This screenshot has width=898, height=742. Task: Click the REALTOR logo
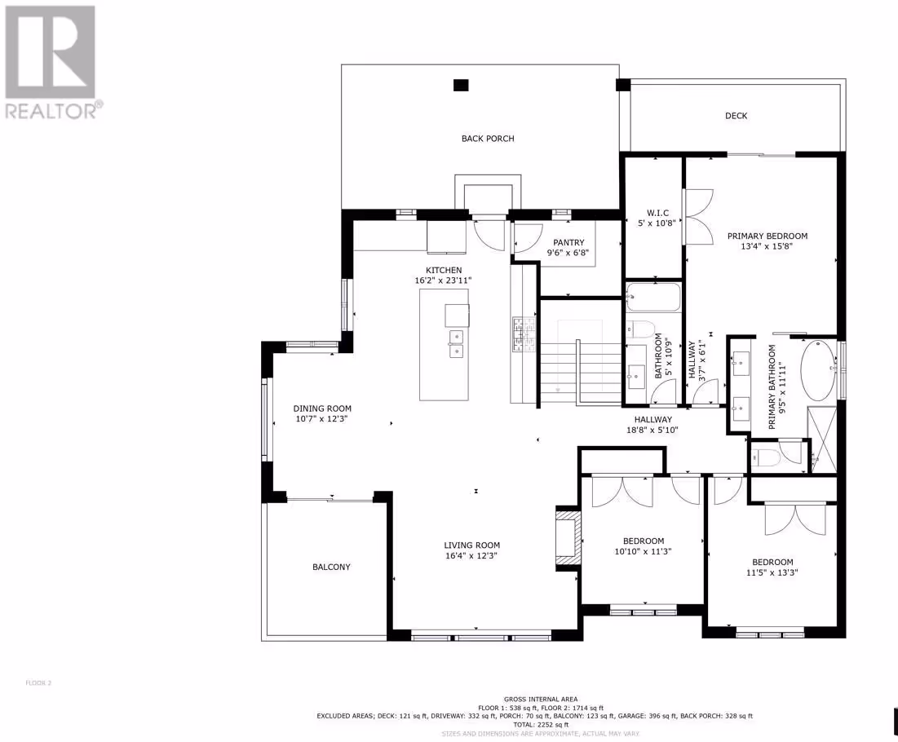(51, 62)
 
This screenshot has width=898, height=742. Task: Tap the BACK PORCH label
(488, 139)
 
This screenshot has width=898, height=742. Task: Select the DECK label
(736, 116)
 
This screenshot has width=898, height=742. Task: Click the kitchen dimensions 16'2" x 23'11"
(443, 280)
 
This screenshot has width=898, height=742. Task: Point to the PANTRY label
(568, 243)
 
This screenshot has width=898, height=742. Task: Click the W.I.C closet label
(657, 213)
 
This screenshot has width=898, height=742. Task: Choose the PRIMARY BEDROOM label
(768, 236)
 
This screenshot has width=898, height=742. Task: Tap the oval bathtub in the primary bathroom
(818, 370)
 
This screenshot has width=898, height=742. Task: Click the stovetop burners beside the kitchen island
(524, 334)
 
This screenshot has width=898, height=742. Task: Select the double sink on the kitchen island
(457, 343)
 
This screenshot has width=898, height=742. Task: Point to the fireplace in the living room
(568, 538)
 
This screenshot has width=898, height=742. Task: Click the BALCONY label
(331, 567)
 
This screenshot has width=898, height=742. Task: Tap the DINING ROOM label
(322, 409)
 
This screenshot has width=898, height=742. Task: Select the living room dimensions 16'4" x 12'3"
(471, 556)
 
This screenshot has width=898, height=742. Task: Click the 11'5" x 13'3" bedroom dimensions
(772, 572)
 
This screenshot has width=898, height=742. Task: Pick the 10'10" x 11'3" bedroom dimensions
(643, 551)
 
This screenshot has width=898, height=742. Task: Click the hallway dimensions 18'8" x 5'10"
(652, 430)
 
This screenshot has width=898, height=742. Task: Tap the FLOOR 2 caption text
(38, 683)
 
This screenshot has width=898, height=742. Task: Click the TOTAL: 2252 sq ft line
(533, 725)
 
